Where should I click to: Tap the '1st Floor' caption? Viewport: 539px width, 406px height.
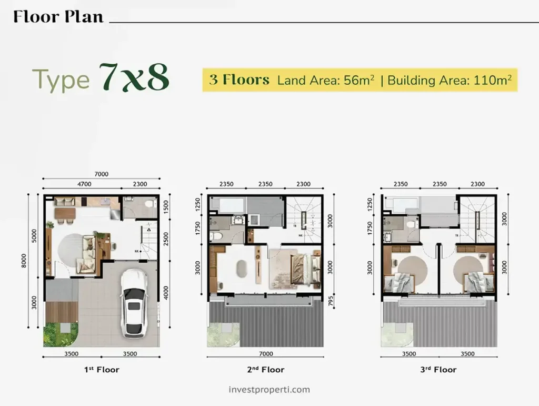102,370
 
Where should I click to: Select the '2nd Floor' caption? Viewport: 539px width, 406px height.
266,370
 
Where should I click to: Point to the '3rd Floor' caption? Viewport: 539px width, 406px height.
438,370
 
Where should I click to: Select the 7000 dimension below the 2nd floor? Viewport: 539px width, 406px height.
266,354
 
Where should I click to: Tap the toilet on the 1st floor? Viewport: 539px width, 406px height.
149,203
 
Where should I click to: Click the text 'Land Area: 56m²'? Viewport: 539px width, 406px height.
326,81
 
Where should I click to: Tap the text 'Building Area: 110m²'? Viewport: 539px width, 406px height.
450,81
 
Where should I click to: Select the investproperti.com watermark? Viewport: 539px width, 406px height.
269,390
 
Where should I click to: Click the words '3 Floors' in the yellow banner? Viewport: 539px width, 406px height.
239,81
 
